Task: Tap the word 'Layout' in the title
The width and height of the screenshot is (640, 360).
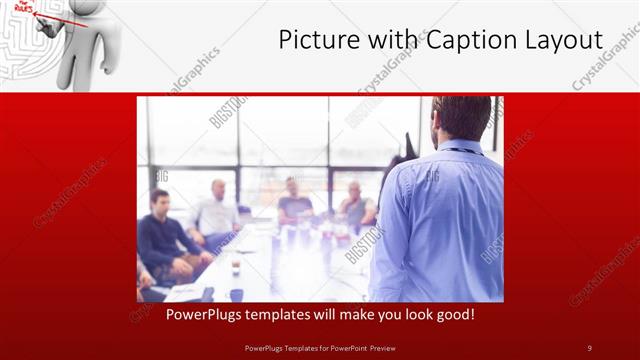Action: pos(566,41)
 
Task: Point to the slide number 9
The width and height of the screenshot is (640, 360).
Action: pos(589,348)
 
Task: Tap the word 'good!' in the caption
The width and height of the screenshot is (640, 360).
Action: pos(451,315)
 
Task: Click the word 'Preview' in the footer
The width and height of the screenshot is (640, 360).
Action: pos(395,348)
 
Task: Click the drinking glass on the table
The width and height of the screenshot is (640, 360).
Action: pos(236,265)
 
